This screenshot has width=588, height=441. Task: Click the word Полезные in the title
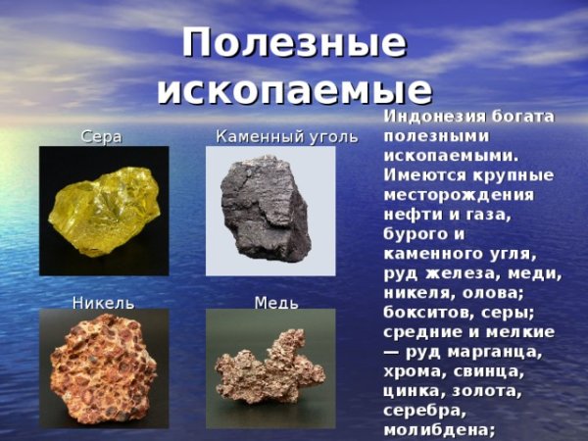(x=294, y=43)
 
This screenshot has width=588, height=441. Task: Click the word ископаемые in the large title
(x=294, y=89)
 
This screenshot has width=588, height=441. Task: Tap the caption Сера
(x=101, y=137)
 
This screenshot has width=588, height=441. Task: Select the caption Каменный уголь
(x=287, y=137)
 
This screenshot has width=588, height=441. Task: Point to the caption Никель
(x=103, y=303)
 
